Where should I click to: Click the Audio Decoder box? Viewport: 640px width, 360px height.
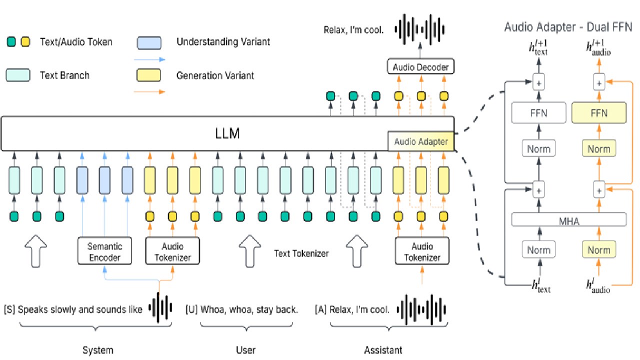tap(420, 66)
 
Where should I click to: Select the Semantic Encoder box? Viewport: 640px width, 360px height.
tap(104, 250)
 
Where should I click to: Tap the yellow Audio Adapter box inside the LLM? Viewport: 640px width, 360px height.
tap(420, 141)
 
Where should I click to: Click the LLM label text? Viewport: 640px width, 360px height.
tap(227, 133)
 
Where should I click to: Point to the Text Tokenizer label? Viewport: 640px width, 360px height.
tap(301, 253)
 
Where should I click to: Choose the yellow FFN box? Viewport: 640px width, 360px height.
tap(599, 113)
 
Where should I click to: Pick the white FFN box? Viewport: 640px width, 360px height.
tap(538, 113)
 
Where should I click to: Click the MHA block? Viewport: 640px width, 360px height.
tap(569, 219)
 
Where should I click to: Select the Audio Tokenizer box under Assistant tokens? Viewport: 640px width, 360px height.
tap(422, 250)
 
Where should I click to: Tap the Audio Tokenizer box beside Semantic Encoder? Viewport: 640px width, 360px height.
tap(172, 250)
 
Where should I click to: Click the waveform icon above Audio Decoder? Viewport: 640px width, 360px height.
tap(419, 29)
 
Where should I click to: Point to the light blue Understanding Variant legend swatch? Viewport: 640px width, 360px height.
tap(149, 43)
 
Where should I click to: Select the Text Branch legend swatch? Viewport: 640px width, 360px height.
tap(18, 75)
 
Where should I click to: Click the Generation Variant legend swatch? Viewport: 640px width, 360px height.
tap(148, 75)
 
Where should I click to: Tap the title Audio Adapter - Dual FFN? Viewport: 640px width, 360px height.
tap(568, 27)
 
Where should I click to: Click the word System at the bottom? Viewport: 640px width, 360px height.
tap(98, 350)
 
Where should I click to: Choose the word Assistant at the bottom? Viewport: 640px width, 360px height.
tap(383, 350)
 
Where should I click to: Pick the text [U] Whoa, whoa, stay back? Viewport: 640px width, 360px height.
tap(241, 309)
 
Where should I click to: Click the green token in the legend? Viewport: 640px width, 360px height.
tap(11, 41)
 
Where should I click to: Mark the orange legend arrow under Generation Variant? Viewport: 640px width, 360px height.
tap(149, 91)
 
